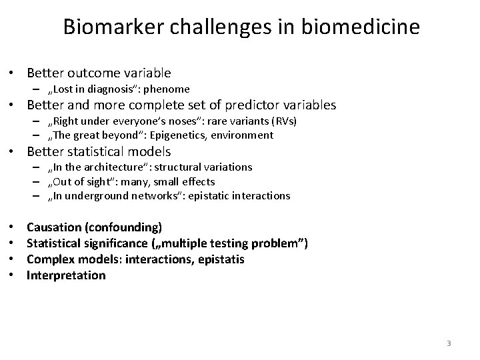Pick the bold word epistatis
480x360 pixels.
[x=219, y=259]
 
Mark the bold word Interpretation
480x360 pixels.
[x=66, y=275]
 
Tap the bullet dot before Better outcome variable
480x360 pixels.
[x=13, y=73]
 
